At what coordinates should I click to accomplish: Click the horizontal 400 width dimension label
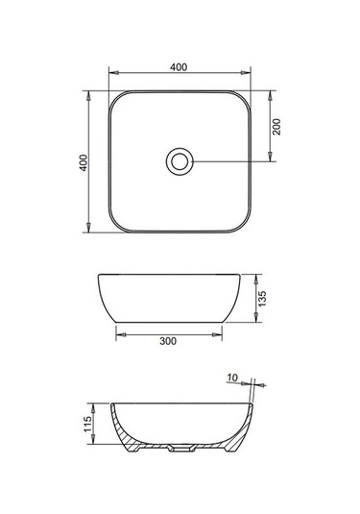[x=179, y=67]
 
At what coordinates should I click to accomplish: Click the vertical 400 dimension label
[x=84, y=162]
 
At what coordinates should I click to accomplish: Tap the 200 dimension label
[x=276, y=127]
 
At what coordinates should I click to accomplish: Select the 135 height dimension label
[x=262, y=299]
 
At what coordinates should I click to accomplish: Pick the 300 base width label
[x=168, y=341]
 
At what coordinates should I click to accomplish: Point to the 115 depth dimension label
[x=87, y=425]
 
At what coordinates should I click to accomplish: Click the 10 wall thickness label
[x=232, y=378]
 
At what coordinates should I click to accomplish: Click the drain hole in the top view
[x=180, y=161]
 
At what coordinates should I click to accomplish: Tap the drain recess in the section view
[x=180, y=448]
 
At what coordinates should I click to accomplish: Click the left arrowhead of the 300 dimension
[x=121, y=334]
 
